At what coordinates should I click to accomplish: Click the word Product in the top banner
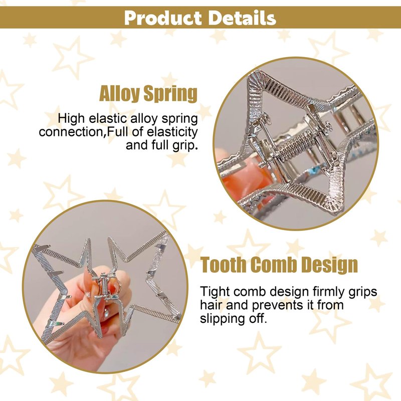(x=162, y=18)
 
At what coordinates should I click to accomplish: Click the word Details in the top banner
(x=242, y=18)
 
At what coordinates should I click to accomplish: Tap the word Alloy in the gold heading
(x=119, y=94)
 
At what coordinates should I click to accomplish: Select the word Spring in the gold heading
(x=170, y=94)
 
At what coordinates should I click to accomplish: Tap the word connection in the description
(x=72, y=132)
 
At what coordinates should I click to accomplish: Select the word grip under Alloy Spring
(x=184, y=146)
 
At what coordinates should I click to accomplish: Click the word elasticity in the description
(x=172, y=132)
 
